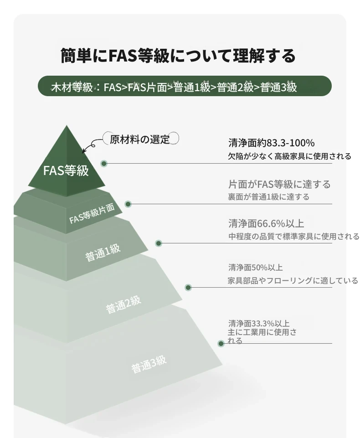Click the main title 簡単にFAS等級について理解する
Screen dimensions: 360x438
point(178,56)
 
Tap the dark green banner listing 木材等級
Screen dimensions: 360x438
point(185,86)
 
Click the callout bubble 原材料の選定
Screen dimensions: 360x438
point(140,139)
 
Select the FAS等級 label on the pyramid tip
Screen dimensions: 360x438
point(66,170)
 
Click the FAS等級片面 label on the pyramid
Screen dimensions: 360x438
point(92,214)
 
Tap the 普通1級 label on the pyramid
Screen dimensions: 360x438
point(103,252)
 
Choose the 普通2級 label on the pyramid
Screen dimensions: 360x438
point(123,304)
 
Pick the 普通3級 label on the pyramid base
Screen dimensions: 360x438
point(149,364)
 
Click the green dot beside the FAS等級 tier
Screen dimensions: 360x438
point(104,164)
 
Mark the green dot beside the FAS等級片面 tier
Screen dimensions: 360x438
point(128,204)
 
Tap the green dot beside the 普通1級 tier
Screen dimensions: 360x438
point(159,243)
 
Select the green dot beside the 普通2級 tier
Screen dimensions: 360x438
point(188,288)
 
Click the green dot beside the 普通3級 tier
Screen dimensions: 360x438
point(221,344)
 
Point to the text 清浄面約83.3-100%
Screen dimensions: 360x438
point(272,143)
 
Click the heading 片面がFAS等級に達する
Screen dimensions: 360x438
point(279,185)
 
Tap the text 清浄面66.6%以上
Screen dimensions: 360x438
point(266,223)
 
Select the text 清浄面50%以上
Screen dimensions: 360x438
point(256,268)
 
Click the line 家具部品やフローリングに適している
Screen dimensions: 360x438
point(293,280)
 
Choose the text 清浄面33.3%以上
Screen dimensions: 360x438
point(259,324)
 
